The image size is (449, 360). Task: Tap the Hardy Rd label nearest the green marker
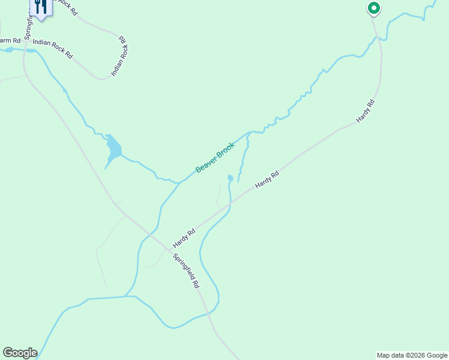coord(365,111)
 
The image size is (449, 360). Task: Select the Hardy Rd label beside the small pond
coord(267,181)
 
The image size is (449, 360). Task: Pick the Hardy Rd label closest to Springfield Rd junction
coord(184,238)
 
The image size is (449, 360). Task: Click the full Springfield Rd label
coord(186,272)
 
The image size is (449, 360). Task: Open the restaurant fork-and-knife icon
coord(40,8)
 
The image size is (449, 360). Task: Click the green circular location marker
coord(373,8)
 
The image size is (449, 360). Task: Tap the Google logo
coord(20,353)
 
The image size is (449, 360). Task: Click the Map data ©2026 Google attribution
coord(412,355)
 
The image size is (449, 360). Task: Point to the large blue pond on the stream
coord(113,147)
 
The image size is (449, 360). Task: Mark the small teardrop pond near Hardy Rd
coord(230,178)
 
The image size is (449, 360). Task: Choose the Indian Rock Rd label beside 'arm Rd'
coord(53,49)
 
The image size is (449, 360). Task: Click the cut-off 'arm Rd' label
coord(10,41)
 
